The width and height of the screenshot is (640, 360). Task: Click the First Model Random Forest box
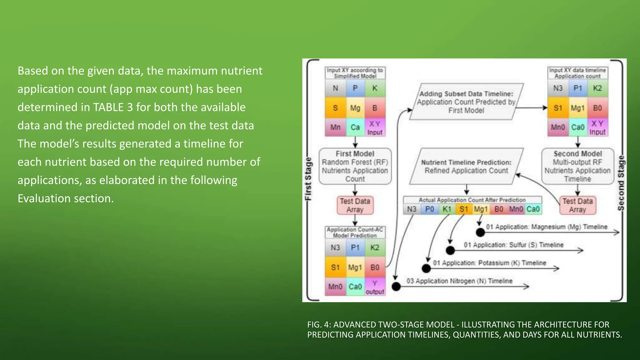355,166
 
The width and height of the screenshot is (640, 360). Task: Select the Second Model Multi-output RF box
577,166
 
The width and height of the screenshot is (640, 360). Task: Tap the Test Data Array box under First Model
355,205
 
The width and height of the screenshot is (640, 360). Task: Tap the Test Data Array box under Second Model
577,205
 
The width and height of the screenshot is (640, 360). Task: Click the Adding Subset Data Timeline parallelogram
466,102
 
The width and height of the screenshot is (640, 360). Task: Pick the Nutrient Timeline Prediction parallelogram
466,166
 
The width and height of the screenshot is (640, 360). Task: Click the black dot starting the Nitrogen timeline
396,286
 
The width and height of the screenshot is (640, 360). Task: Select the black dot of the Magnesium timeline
480,232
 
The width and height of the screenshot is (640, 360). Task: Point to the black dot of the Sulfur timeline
450,250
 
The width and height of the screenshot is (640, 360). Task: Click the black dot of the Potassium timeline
426,268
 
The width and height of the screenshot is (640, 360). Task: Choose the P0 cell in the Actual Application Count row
429,209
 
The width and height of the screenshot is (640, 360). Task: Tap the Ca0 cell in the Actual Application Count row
533,209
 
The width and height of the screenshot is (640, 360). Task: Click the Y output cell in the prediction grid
375,287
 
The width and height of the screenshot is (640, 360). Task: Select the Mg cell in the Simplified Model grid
355,108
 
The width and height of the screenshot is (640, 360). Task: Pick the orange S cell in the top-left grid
335,108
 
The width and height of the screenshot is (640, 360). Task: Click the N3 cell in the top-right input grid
558,88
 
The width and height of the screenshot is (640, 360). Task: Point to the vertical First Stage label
308,179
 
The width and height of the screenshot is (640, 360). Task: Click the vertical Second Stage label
621,183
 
